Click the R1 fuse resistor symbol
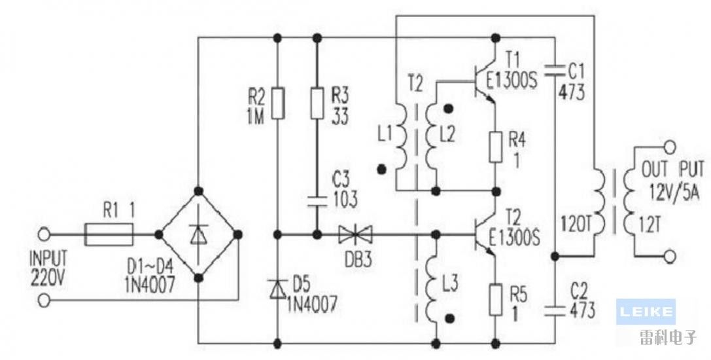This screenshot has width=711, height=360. [109, 234]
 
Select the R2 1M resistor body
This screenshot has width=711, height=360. [277, 103]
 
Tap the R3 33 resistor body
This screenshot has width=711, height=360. [317, 103]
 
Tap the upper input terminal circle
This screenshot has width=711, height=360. [44, 234]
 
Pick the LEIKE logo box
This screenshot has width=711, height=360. [645, 311]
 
